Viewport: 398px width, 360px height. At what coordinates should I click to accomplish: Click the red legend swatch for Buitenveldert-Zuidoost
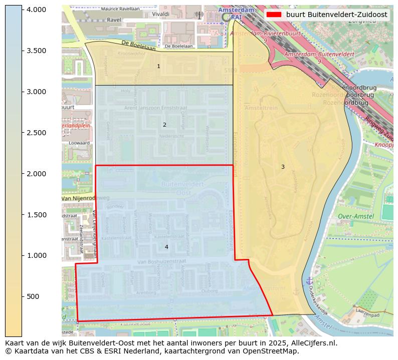tap(274, 15)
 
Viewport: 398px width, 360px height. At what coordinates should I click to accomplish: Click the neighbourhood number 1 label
tap(158, 66)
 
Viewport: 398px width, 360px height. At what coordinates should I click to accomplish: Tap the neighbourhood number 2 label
tap(164, 125)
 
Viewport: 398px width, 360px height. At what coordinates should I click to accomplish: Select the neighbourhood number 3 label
tap(283, 167)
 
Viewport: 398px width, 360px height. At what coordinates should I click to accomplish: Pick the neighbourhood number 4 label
tap(166, 247)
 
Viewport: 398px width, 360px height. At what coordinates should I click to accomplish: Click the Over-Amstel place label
tap(356, 216)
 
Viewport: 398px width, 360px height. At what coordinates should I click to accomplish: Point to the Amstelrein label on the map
tap(258, 108)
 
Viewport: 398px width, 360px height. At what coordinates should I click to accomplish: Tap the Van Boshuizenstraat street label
tap(162, 261)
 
